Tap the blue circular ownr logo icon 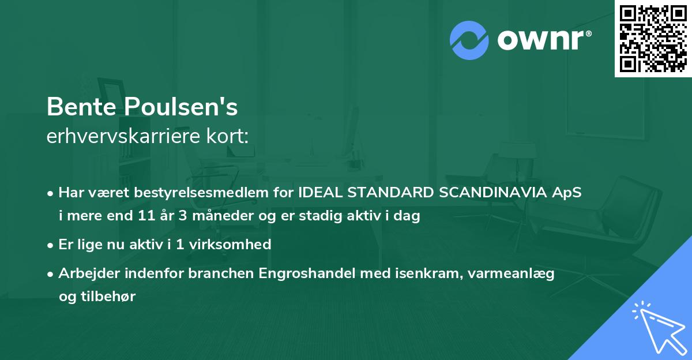coord(469,40)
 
